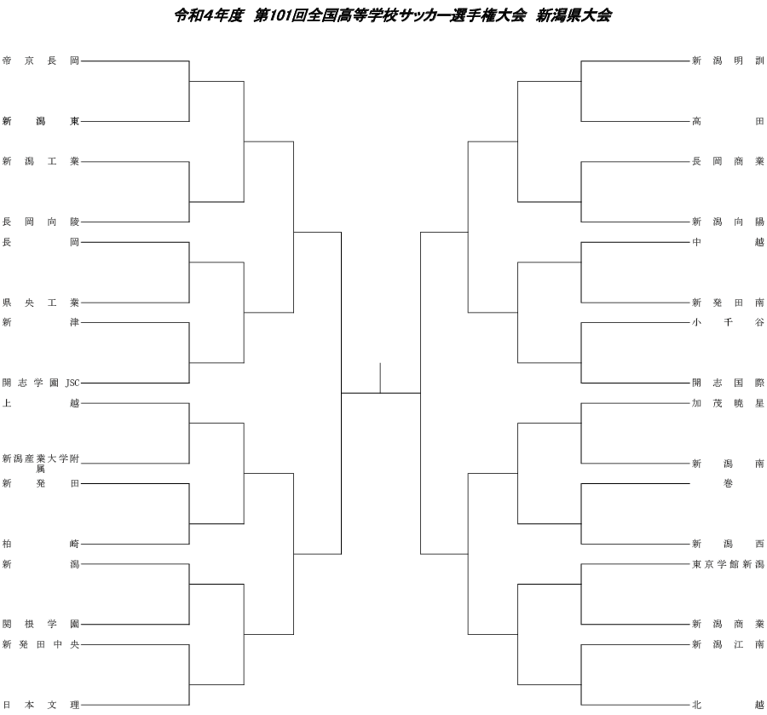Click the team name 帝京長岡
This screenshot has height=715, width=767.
[41, 61]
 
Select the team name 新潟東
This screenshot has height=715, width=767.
[41, 121]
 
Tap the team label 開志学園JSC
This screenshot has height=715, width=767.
[41, 383]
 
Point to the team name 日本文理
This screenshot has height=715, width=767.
[41, 705]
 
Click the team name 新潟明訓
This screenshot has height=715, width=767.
[728, 61]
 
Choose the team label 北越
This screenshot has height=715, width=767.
[728, 705]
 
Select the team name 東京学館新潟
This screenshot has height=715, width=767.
[728, 564]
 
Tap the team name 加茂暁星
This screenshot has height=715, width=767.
[728, 403]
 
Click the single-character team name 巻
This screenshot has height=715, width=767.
[728, 483]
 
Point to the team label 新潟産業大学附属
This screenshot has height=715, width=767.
[41, 463]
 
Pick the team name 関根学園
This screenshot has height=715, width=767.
[41, 624]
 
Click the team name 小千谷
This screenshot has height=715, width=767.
[728, 322]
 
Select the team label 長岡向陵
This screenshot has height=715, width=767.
[41, 222]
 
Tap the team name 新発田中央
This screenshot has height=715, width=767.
[41, 644]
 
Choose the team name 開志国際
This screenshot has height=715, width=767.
[728, 383]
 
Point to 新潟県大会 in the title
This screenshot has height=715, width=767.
[574, 15]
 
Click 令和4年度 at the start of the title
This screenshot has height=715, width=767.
[209, 15]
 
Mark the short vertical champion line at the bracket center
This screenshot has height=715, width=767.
[381, 378]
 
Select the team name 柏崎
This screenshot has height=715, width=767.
[41, 544]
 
